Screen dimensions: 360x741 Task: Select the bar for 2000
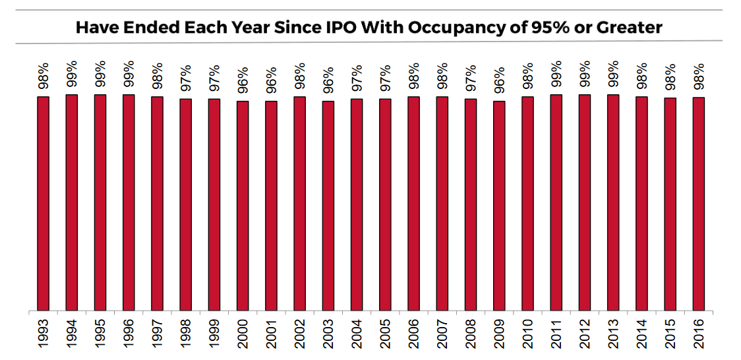243,205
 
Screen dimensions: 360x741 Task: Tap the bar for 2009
499,205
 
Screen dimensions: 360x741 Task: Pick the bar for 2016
698,204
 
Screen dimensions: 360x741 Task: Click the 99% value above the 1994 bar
71,74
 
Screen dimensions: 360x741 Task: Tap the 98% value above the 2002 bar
299,76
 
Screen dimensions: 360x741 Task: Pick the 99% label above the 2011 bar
556,74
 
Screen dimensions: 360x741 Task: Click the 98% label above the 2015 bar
670,76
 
